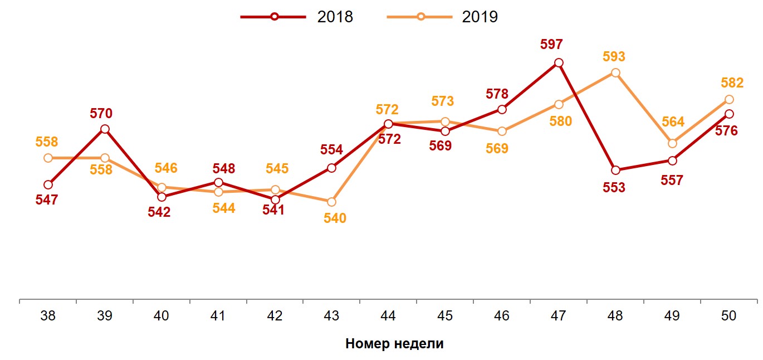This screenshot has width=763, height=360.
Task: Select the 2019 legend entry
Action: pyautogui.click(x=443, y=17)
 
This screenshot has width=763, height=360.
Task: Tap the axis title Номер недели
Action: pyautogui.click(x=394, y=343)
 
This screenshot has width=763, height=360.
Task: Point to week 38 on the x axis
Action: pyautogui.click(x=48, y=316)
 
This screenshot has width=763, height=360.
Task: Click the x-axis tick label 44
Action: pyautogui.click(x=388, y=316)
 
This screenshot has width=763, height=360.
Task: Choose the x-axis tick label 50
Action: pyautogui.click(x=728, y=316)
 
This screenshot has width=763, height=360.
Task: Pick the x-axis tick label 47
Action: pyautogui.click(x=558, y=316)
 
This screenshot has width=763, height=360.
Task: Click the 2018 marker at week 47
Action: pyautogui.click(x=559, y=63)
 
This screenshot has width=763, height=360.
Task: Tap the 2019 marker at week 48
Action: pyautogui.click(x=615, y=73)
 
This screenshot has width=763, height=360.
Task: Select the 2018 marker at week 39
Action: pyautogui.click(x=105, y=129)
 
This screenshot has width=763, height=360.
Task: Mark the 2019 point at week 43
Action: pyautogui.click(x=332, y=202)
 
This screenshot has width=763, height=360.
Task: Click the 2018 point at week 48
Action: pyautogui.click(x=615, y=170)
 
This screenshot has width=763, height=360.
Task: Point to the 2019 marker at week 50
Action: pyautogui.click(x=729, y=100)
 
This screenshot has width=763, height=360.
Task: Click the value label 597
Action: pyautogui.click(x=551, y=45)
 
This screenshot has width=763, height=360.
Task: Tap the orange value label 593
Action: pyautogui.click(x=614, y=57)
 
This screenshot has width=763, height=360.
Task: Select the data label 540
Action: pyautogui.click(x=335, y=218)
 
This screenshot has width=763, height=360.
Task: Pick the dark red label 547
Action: pyautogui.click(x=47, y=200)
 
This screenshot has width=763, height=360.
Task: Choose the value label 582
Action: pyautogui.click(x=732, y=83)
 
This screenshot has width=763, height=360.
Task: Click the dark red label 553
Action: pyautogui.click(x=614, y=188)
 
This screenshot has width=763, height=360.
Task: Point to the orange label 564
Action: pyautogui.click(x=673, y=123)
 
